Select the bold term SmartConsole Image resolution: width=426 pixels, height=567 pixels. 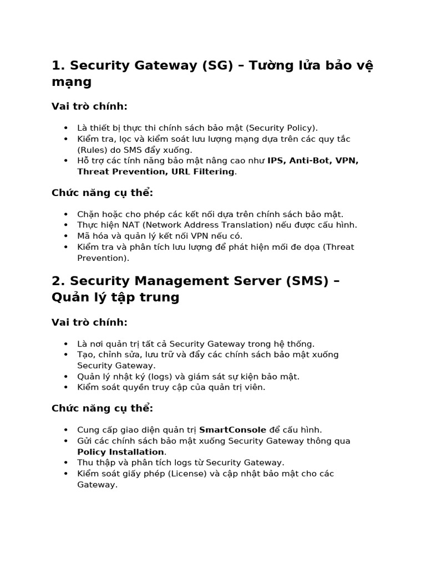point(232,430)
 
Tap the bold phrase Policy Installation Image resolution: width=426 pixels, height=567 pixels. point(120,452)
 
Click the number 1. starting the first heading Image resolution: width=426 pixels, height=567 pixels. point(58,66)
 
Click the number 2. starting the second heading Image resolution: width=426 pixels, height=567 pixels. point(58,281)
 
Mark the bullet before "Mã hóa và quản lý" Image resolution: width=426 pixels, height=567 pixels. point(66,236)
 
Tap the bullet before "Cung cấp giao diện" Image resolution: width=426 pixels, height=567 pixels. point(66,430)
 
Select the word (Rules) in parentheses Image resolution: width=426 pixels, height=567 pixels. point(93,150)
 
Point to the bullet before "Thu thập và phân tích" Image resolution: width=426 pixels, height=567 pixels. point(66,462)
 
